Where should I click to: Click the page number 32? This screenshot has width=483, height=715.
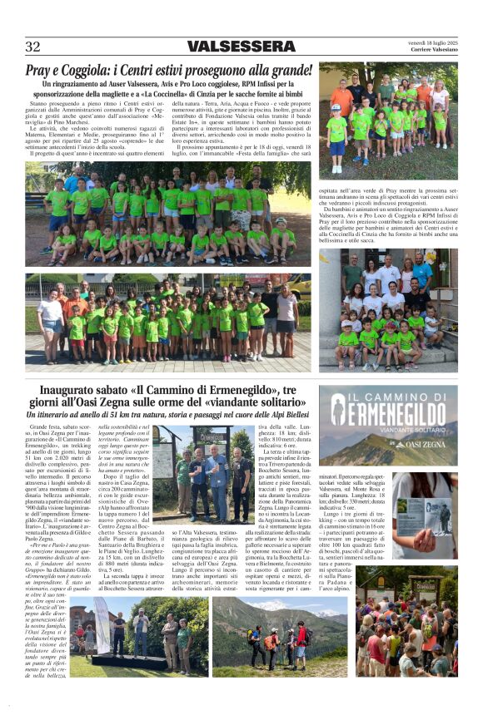pos(32,47)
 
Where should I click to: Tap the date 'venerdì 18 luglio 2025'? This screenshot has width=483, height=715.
pos(428,42)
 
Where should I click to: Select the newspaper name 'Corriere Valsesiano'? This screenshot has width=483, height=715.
pos(433,51)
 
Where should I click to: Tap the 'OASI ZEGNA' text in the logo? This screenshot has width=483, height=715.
pos(424,445)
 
